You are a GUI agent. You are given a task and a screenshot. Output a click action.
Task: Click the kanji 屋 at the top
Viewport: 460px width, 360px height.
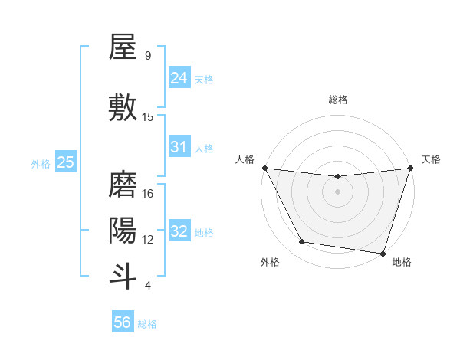[123, 47]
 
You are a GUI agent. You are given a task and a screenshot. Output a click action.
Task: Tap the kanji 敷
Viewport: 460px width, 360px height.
[123, 107]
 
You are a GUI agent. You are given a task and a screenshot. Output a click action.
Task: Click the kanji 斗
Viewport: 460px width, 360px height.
[123, 274]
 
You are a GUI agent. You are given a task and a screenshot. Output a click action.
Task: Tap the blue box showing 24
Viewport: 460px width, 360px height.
[179, 77]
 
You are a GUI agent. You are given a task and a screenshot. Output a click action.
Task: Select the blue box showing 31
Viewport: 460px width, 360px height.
[179, 147]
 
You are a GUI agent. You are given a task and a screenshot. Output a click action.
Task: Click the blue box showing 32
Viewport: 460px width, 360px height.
[179, 231]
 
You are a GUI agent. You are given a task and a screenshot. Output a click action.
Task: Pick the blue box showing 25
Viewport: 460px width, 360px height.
[65, 162]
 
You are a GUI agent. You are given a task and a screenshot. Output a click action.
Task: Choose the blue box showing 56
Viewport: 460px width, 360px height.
[123, 322]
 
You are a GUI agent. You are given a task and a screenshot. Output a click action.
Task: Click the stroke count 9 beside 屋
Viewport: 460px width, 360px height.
[148, 55]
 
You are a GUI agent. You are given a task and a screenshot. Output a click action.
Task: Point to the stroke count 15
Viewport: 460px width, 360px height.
[148, 116]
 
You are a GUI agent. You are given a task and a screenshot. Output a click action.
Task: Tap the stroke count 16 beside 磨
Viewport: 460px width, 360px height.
[148, 194]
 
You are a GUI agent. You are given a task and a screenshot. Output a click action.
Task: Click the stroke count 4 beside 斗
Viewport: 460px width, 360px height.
[148, 286]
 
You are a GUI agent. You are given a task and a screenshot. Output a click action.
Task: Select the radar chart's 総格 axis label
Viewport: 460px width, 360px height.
[337, 100]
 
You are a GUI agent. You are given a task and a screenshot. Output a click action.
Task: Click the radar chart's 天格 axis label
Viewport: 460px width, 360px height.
[431, 159]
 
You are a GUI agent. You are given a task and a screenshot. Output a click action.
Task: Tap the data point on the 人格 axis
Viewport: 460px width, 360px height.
[264, 168]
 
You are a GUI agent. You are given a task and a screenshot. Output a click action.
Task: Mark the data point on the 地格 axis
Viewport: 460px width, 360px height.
[383, 253]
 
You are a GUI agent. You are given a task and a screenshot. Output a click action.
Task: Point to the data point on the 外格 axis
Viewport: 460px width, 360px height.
[302, 242]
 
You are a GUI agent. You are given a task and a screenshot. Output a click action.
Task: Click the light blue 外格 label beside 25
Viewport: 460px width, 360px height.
[41, 163]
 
